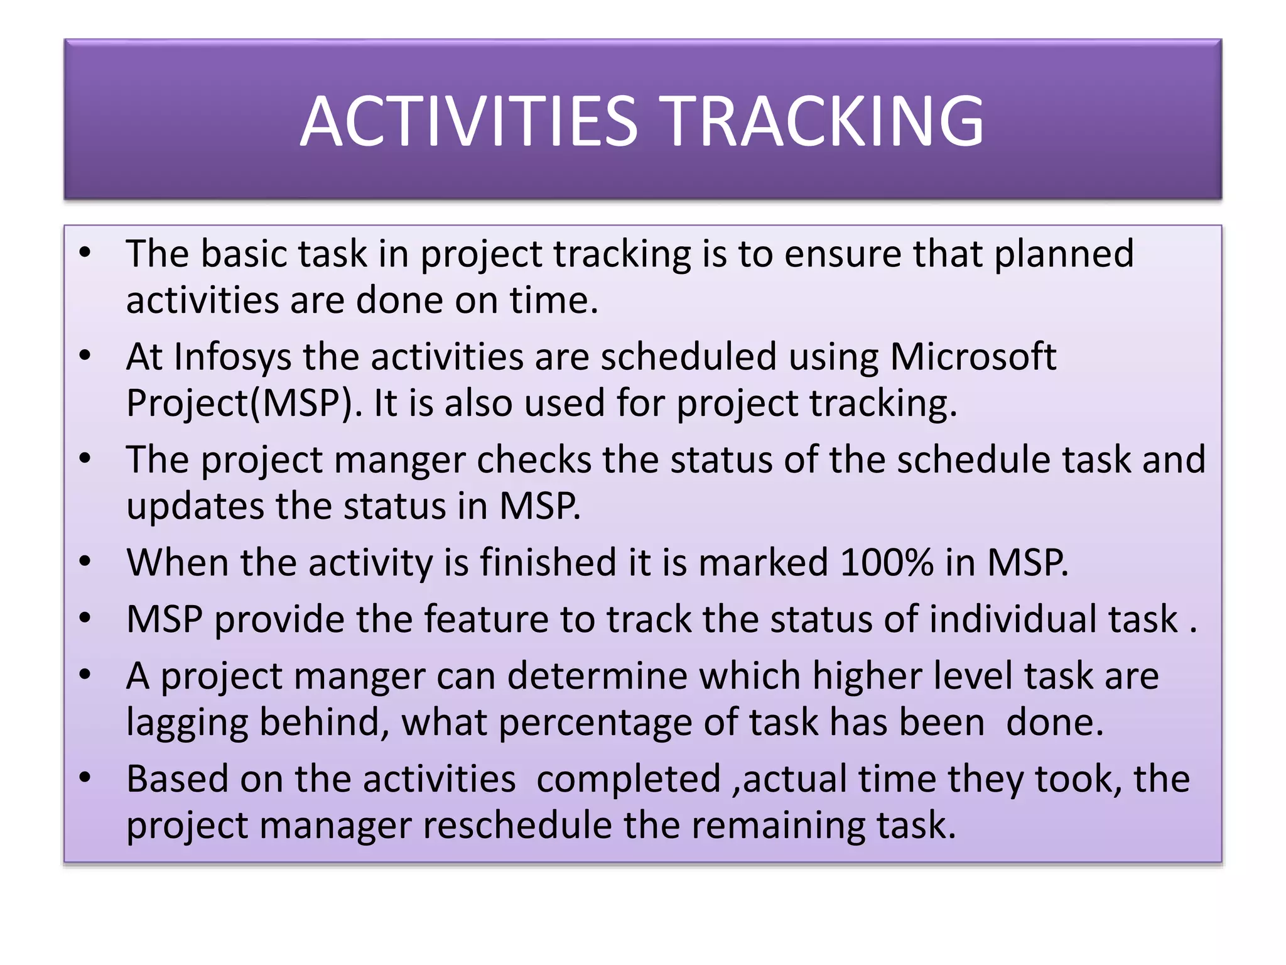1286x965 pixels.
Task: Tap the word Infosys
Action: click(232, 358)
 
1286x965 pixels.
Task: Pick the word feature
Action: click(486, 619)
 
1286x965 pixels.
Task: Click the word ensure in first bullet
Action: click(842, 254)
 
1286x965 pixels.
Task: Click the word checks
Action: click(534, 461)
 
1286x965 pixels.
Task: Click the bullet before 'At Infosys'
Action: click(85, 356)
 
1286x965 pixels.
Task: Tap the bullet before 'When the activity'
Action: click(85, 561)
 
